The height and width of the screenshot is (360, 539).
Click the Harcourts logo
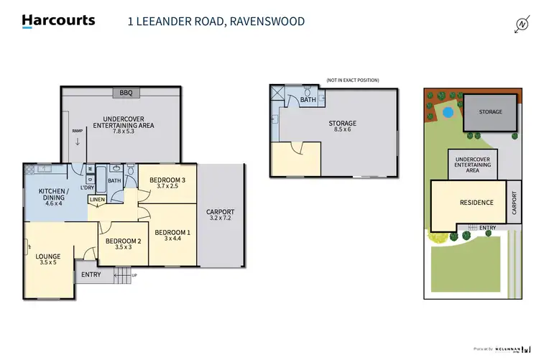click(58, 20)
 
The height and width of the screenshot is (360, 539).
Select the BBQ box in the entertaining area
click(126, 93)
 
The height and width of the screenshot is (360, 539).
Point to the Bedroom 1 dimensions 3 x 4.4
click(172, 239)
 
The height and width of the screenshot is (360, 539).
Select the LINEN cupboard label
click(97, 199)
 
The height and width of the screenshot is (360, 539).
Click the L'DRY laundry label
click(88, 188)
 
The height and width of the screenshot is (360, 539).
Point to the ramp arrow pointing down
click(78, 142)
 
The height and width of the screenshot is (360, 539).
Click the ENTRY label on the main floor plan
click(91, 274)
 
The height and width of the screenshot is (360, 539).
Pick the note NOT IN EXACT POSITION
click(352, 80)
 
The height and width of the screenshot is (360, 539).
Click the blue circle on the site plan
click(448, 112)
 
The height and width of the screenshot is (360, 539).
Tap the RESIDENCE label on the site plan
click(476, 203)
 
